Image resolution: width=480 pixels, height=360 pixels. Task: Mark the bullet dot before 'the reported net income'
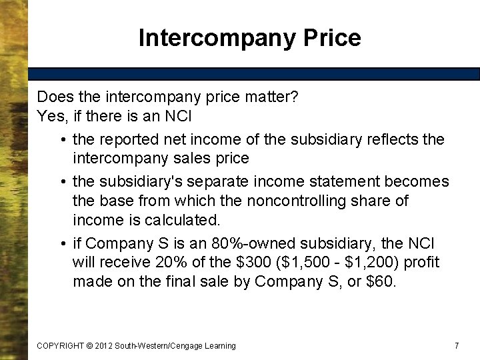[x=61, y=140]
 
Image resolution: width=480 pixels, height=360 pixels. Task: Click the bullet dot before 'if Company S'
[x=61, y=244]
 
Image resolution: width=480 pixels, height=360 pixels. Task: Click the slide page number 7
[x=457, y=345]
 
